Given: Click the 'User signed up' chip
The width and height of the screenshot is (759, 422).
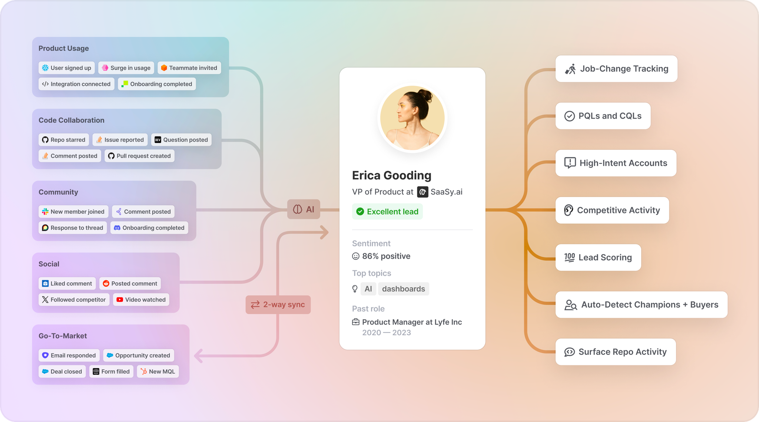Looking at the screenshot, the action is click(x=67, y=68).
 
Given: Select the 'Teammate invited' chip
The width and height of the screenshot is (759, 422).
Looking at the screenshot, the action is click(x=189, y=68).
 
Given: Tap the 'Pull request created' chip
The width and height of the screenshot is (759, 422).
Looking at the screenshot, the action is click(x=139, y=156).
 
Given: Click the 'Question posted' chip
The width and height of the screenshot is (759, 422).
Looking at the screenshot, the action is click(x=181, y=140).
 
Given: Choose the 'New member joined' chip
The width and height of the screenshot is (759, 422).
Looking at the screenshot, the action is click(x=73, y=212).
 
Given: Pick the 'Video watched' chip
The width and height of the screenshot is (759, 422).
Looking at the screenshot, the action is click(x=141, y=300).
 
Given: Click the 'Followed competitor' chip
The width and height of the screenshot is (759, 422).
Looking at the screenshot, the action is click(x=74, y=300).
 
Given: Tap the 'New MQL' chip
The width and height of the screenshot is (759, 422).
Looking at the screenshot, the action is click(x=158, y=372).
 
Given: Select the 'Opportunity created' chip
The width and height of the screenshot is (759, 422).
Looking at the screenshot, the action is click(x=138, y=355).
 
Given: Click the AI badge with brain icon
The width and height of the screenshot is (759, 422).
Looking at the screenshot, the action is click(x=304, y=210).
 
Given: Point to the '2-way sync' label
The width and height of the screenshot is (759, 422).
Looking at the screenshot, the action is click(x=278, y=305).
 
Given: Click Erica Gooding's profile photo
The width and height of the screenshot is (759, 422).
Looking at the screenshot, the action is click(x=412, y=118).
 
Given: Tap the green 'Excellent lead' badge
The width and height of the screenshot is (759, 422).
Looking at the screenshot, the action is click(x=387, y=212).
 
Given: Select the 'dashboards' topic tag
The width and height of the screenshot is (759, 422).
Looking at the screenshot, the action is click(x=403, y=289).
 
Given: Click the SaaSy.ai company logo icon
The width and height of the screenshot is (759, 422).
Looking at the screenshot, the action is click(x=422, y=192).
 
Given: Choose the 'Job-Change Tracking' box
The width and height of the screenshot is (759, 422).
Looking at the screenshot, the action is click(x=616, y=69).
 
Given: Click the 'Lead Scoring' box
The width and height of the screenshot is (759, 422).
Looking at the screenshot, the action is click(x=598, y=257).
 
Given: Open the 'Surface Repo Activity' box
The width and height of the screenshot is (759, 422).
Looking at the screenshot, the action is click(x=616, y=352).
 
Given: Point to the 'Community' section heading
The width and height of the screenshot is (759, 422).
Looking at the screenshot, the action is click(x=58, y=192).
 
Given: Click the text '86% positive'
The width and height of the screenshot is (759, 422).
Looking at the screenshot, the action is click(x=386, y=256).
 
